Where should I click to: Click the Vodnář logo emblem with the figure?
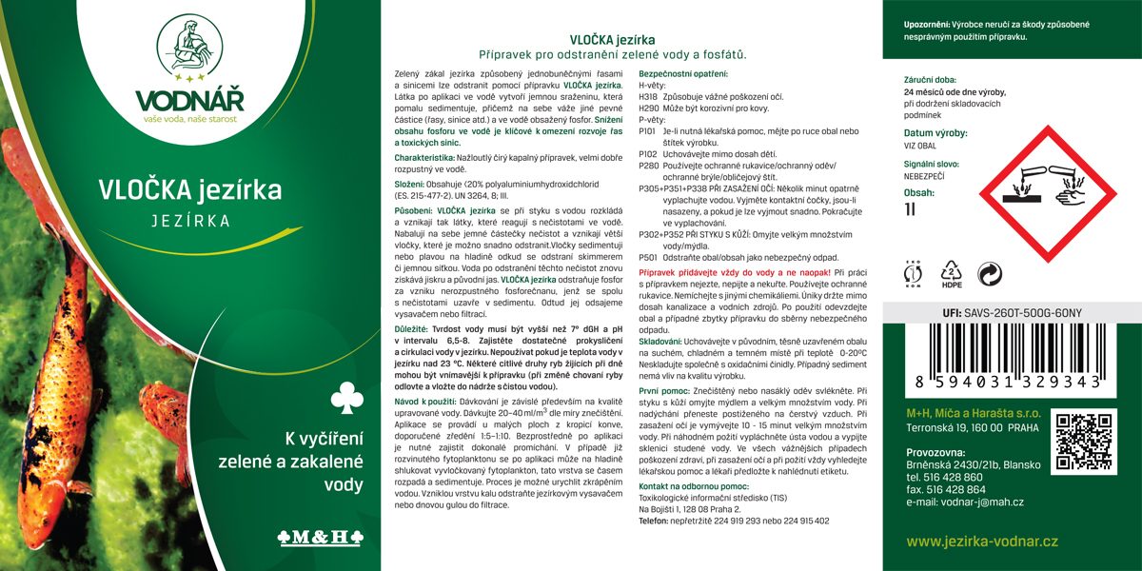(x=189, y=49)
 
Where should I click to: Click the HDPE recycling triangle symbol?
(x=951, y=274)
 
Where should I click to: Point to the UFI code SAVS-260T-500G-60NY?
(x=1022, y=312)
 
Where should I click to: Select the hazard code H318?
(x=647, y=97)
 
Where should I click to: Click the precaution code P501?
(x=647, y=257)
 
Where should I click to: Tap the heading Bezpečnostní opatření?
(x=682, y=74)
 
